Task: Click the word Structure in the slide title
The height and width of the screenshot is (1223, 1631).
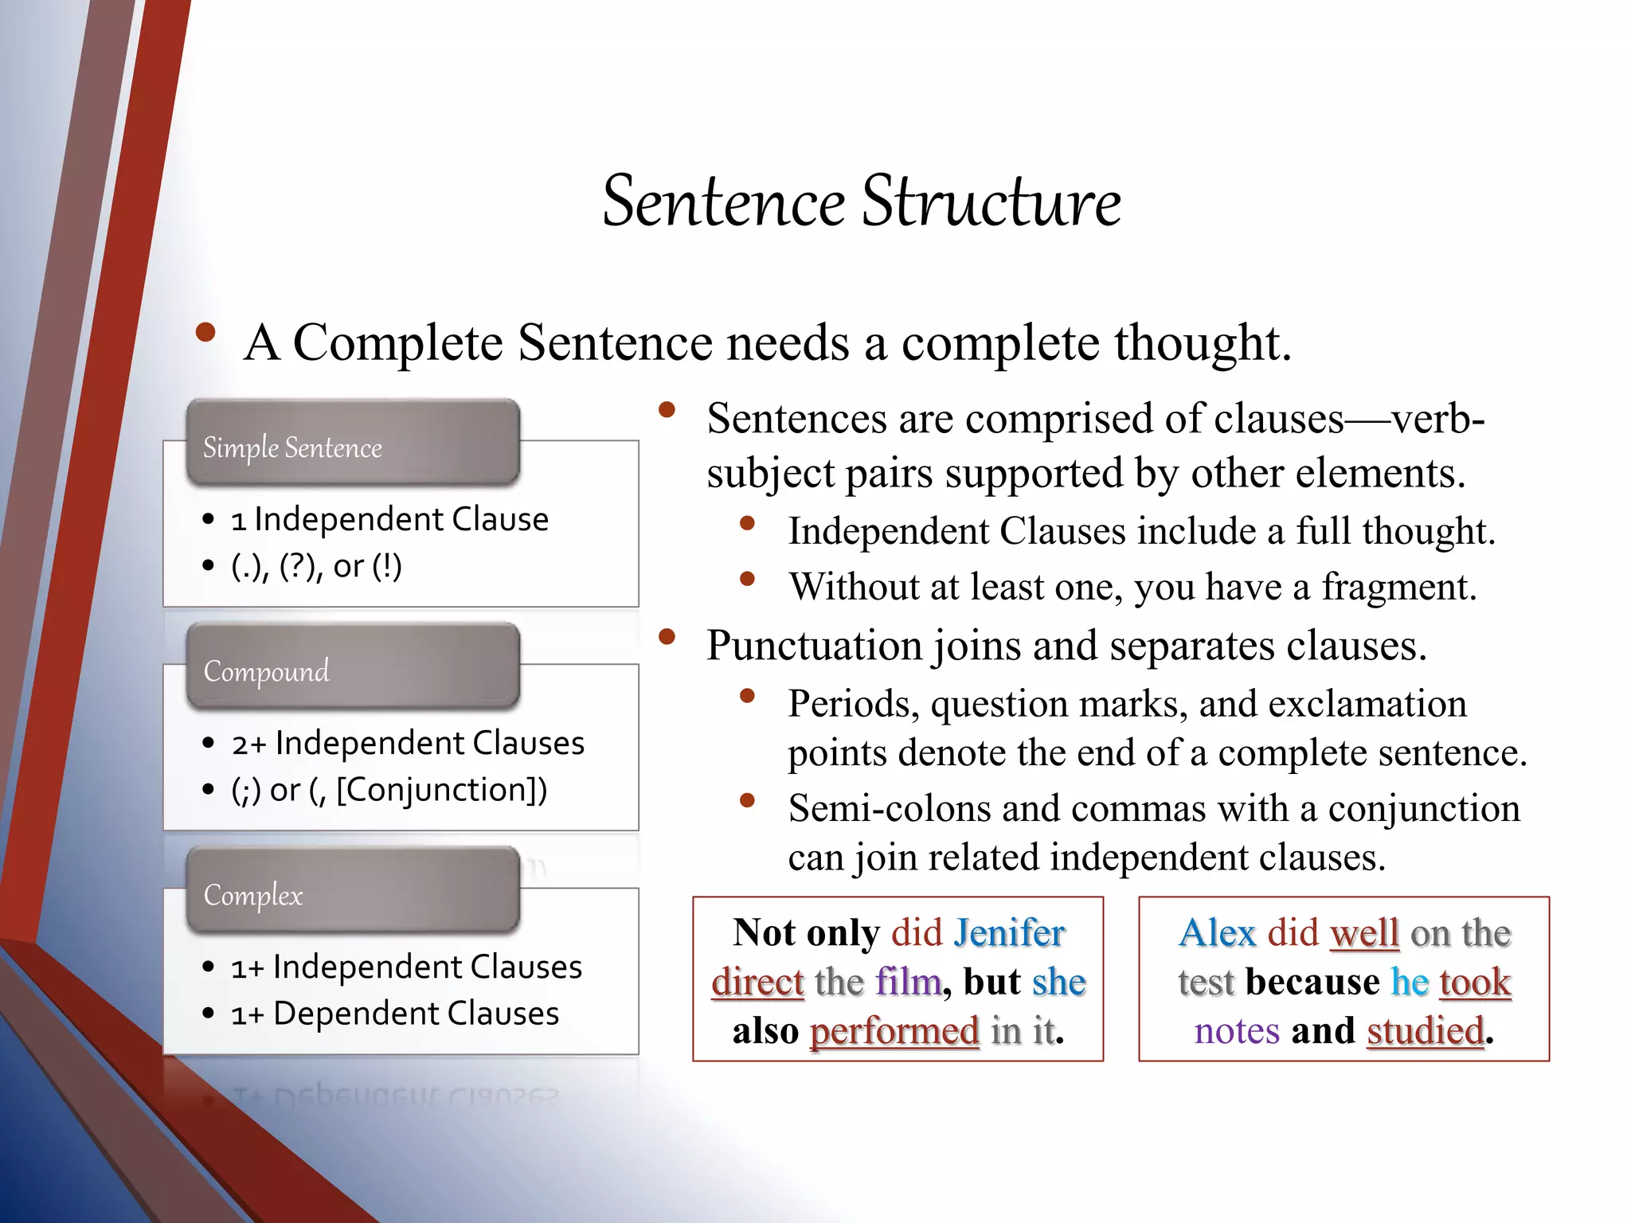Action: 992,201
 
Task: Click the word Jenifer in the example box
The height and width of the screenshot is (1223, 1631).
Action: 1009,932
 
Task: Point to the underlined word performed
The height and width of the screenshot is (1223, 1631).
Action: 894,1031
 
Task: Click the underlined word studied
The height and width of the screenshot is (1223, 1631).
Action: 1426,1031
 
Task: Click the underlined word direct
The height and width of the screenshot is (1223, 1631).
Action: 757,982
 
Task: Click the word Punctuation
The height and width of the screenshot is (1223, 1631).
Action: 813,645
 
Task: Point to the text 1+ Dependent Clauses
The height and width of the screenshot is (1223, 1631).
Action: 395,1014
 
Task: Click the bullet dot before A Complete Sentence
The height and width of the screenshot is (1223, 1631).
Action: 205,333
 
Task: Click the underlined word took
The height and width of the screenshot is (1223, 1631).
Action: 1475,982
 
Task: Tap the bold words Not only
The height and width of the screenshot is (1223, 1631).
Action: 806,932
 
